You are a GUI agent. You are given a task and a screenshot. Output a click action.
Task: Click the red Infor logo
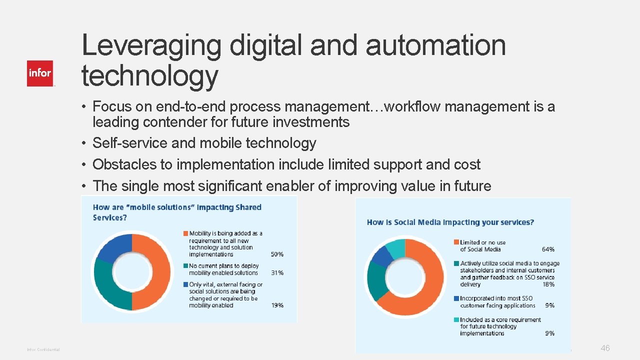pyautogui.click(x=40, y=73)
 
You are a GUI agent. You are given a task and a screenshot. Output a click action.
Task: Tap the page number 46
pyautogui.click(x=605, y=348)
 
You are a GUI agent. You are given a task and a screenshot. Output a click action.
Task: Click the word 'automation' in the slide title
pyautogui.click(x=435, y=45)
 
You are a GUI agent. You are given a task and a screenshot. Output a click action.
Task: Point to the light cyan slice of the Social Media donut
pyautogui.click(x=396, y=249)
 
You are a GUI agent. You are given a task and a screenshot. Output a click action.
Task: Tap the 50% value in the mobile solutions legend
pyautogui.click(x=277, y=254)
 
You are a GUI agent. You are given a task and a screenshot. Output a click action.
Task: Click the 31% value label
pyautogui.click(x=277, y=273)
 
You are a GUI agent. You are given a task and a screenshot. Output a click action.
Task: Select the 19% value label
pyautogui.click(x=277, y=305)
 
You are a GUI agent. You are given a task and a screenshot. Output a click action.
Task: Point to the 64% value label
pyautogui.click(x=548, y=249)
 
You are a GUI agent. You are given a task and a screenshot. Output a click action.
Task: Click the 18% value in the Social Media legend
pyautogui.click(x=548, y=284)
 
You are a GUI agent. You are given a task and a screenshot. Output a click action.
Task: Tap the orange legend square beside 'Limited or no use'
pyautogui.click(x=456, y=242)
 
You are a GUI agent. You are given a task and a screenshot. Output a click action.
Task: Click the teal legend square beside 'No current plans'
pyautogui.click(x=185, y=266)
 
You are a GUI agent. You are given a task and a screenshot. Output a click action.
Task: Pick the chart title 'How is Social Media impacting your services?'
pyautogui.click(x=450, y=222)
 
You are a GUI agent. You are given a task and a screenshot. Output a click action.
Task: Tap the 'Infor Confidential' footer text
pyautogui.click(x=43, y=349)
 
